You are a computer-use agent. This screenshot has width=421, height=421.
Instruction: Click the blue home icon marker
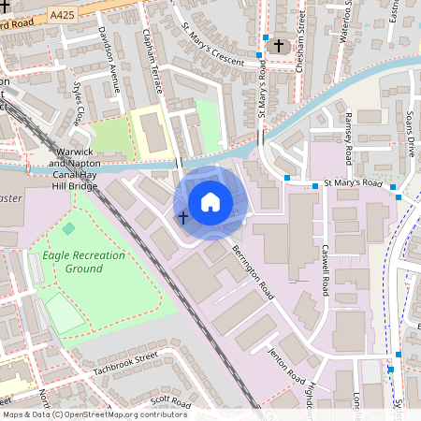coord(210,201)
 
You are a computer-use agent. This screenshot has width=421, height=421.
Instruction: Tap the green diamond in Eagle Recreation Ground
coord(68,228)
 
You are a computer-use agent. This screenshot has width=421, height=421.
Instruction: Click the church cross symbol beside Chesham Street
coord(277,45)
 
